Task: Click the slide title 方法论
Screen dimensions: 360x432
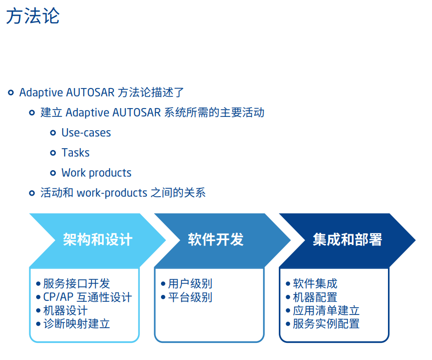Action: click(33, 16)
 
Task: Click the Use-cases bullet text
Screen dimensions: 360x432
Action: click(86, 133)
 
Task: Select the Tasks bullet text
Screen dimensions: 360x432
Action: click(75, 153)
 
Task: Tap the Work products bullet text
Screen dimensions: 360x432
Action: click(96, 173)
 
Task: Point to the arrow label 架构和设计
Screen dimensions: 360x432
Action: click(98, 240)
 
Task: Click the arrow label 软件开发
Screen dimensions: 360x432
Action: click(216, 240)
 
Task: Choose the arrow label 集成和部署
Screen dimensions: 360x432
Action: click(347, 240)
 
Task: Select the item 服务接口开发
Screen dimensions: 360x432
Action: click(76, 284)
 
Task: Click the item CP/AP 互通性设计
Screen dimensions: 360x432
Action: click(88, 297)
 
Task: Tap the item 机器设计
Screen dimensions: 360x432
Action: click(66, 310)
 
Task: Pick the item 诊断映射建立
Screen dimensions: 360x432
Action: click(76, 323)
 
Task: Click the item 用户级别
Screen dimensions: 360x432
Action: click(190, 284)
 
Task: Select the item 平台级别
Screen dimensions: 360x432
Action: click(190, 297)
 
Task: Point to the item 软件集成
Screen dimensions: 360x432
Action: click(315, 284)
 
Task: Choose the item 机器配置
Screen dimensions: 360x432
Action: click(315, 297)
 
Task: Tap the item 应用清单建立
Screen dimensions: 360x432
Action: click(326, 310)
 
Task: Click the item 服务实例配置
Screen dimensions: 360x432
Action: click(326, 323)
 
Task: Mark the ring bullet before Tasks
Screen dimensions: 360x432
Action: click(53, 153)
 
